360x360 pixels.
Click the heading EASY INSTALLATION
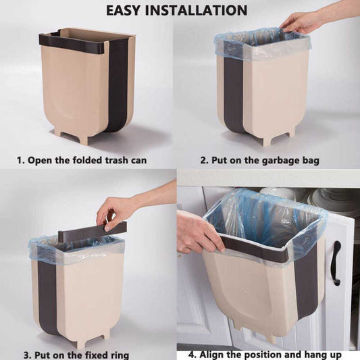click(180, 10)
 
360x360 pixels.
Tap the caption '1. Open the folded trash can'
click(82, 161)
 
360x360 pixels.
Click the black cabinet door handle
click(335, 263)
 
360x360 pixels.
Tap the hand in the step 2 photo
click(301, 22)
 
